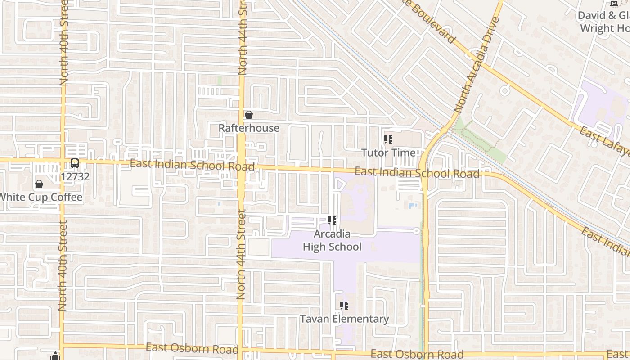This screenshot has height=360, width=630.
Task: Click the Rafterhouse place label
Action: point(249,128)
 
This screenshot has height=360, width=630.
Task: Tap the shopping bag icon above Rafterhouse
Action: point(248,115)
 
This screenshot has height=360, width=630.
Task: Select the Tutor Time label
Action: point(389,153)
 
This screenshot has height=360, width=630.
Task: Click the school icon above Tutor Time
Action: point(388,139)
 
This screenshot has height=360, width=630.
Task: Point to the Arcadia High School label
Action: point(332,240)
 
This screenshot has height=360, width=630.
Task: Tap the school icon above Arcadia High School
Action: point(332,220)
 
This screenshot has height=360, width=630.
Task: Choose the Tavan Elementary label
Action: point(344,319)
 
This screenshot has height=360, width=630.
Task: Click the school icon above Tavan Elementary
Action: point(344,306)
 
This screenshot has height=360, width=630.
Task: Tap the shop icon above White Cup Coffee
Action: point(39,184)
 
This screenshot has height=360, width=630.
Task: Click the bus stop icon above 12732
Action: point(75,163)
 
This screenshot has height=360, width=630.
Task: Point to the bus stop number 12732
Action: point(75,177)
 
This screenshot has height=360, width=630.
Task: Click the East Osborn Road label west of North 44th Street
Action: point(192,348)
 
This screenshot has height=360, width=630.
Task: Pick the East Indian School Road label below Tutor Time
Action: point(417,173)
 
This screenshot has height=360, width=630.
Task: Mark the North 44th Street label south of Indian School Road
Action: point(241,254)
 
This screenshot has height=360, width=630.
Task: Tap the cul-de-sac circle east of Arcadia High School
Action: point(416,231)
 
